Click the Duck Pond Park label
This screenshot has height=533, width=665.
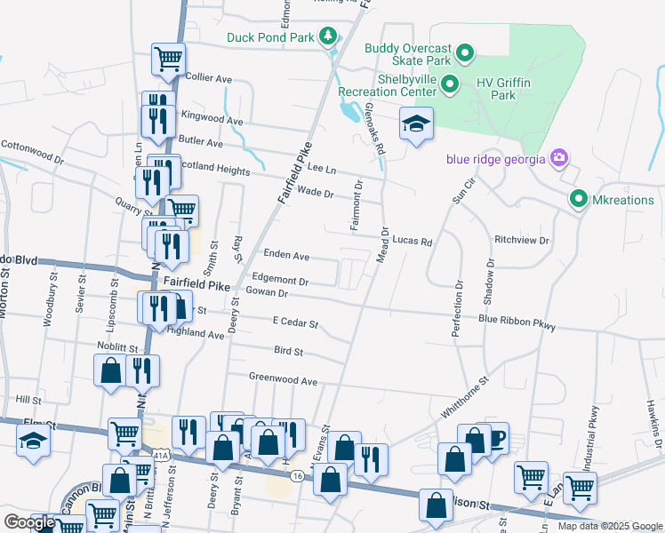[x=270, y=37]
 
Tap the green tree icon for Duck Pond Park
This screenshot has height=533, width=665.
[x=330, y=36]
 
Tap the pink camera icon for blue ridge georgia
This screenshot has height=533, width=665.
[x=559, y=159]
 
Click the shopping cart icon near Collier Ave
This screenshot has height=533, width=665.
[x=168, y=59]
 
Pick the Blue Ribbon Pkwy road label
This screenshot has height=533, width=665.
[x=517, y=322]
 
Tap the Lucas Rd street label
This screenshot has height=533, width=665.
[x=413, y=241]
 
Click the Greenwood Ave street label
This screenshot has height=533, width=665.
[x=283, y=380]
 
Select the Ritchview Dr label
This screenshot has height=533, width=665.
[x=522, y=240]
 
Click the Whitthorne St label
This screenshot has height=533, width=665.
[x=467, y=404]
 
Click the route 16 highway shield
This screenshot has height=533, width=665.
[x=296, y=476]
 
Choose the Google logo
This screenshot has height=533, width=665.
[x=29, y=522]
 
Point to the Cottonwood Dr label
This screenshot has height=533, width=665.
[x=33, y=151]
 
